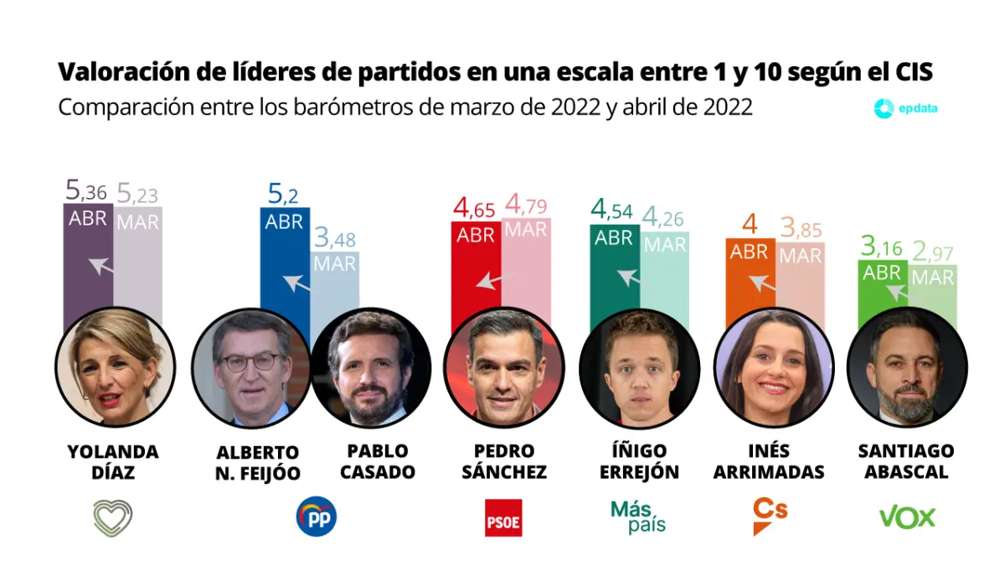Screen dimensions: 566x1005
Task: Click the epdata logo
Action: (x=905, y=109)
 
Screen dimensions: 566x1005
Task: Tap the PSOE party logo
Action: (x=503, y=517)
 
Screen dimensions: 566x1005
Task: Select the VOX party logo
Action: (x=907, y=517)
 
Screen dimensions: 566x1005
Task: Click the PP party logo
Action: (x=317, y=517)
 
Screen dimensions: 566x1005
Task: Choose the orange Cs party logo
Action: (x=770, y=515)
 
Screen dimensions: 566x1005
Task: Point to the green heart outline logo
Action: (x=113, y=517)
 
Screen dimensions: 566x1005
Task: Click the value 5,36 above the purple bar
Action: (x=86, y=192)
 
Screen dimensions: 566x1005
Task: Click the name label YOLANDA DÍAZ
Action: (x=113, y=462)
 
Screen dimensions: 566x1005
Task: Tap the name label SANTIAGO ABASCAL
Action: (x=906, y=462)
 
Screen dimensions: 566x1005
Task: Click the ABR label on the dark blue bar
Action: (x=285, y=222)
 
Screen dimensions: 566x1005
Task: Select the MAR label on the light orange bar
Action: (x=800, y=256)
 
